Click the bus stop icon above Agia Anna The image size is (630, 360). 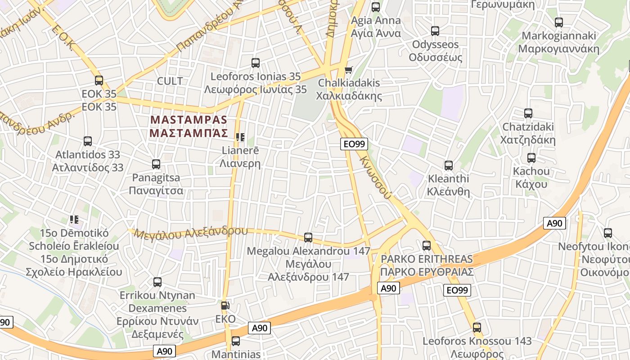[x=376, y=7]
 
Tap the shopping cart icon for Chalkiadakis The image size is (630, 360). [x=348, y=70]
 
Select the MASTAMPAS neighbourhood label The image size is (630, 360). [x=189, y=126]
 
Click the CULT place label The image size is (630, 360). [x=170, y=81]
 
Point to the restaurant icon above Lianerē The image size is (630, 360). [x=240, y=137]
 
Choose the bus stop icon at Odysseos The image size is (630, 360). [x=435, y=31]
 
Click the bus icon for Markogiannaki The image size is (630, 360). [x=559, y=22]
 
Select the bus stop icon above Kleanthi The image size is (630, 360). [x=448, y=165]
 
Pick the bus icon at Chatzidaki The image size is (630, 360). [x=528, y=113]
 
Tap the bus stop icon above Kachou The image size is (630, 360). [x=531, y=158]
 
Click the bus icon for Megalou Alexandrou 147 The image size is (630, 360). [x=308, y=237]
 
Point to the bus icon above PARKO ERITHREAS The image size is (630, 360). [x=427, y=246]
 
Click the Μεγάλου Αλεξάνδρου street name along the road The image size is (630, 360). [x=191, y=233]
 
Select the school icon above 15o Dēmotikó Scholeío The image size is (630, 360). [x=74, y=220]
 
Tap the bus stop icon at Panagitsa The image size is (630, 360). [x=156, y=164]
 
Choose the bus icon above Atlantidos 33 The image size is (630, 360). [x=88, y=141]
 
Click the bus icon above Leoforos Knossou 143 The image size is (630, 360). [x=477, y=328]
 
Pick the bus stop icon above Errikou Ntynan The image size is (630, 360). [x=157, y=282]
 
